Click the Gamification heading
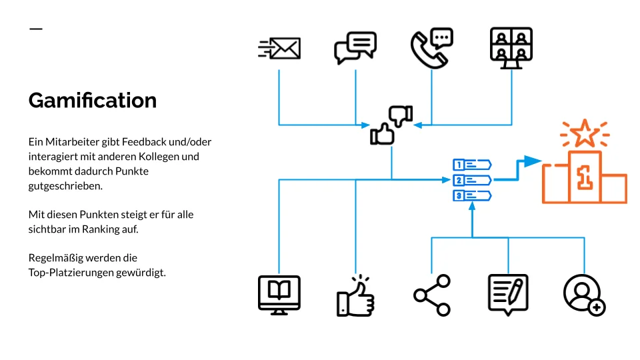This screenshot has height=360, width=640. click(93, 101)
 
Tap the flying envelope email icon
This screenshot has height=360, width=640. click(279, 48)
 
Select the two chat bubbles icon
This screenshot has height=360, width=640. click(355, 47)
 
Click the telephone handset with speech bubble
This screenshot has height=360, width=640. click(431, 48)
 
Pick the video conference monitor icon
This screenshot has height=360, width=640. click(511, 47)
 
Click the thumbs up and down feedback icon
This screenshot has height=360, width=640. click(391, 125)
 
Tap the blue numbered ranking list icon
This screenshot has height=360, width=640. click(472, 180)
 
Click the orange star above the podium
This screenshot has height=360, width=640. click(585, 133)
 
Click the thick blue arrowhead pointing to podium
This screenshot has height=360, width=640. click(531, 161)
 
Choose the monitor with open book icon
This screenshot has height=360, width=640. click(279, 295)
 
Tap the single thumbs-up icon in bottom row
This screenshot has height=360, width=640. click(355, 296)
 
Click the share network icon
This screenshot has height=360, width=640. click(432, 295)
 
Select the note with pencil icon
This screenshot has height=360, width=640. click(508, 294)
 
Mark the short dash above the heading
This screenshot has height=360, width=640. click(36, 29)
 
